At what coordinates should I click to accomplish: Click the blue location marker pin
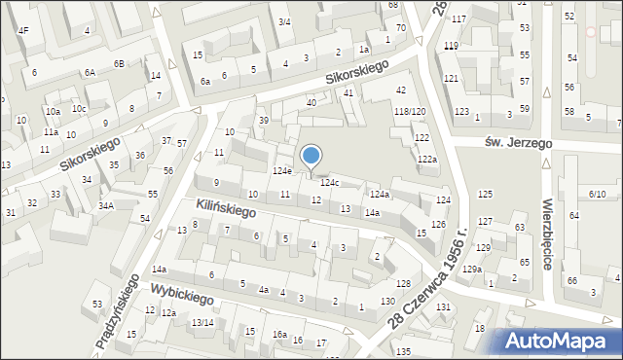pos(311,157)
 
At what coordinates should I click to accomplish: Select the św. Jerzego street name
pos(518,143)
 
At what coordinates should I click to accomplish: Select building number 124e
pos(281,171)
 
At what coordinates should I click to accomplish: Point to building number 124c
pos(330,182)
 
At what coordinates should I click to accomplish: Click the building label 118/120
pos(410,112)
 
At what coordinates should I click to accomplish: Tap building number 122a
pos(427,159)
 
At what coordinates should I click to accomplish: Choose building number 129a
pos(472,269)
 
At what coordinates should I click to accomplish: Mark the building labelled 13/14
pos(202,322)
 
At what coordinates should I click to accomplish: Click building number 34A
pos(105,205)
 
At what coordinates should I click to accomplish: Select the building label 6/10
pos(597,195)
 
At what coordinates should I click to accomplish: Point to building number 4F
pos(23,31)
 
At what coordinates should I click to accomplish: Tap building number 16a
pos(279,335)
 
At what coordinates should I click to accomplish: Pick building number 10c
pos(79,108)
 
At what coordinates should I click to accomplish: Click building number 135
pos(403,350)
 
